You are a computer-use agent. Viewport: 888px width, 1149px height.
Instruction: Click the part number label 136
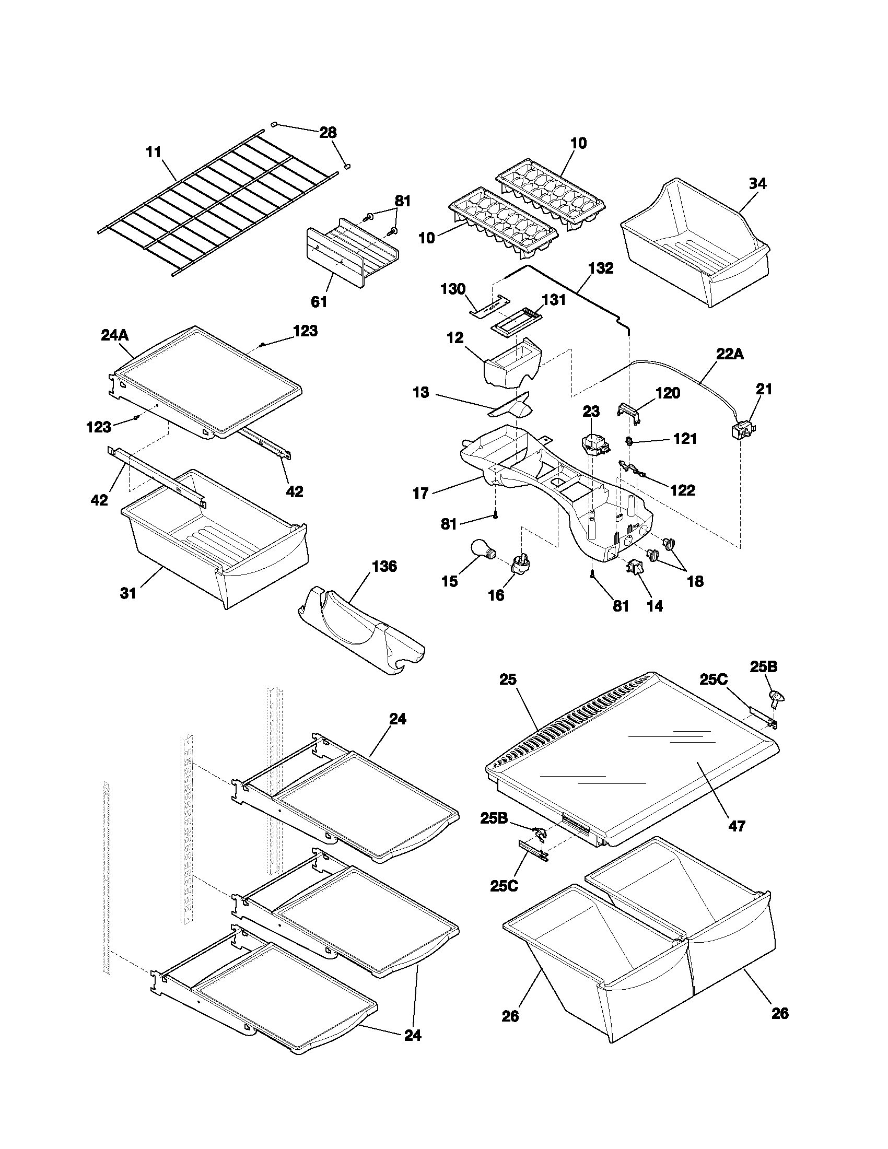click(384, 567)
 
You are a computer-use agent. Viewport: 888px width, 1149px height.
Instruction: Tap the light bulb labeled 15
click(482, 550)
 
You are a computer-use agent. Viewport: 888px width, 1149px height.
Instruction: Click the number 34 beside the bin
click(757, 184)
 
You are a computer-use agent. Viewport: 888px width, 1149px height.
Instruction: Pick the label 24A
click(115, 335)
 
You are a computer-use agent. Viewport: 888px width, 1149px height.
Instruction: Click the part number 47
click(737, 826)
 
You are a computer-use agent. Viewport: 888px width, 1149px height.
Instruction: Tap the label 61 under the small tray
click(319, 302)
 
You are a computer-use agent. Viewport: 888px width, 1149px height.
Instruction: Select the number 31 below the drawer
click(128, 593)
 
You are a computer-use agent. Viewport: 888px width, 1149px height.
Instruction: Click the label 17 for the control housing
click(421, 493)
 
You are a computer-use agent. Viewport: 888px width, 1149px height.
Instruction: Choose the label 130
click(453, 289)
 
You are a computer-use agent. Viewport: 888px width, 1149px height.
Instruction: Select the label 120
click(668, 393)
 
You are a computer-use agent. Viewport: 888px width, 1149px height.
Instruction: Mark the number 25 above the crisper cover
click(508, 679)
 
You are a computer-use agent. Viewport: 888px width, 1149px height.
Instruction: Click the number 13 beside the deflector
click(421, 392)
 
